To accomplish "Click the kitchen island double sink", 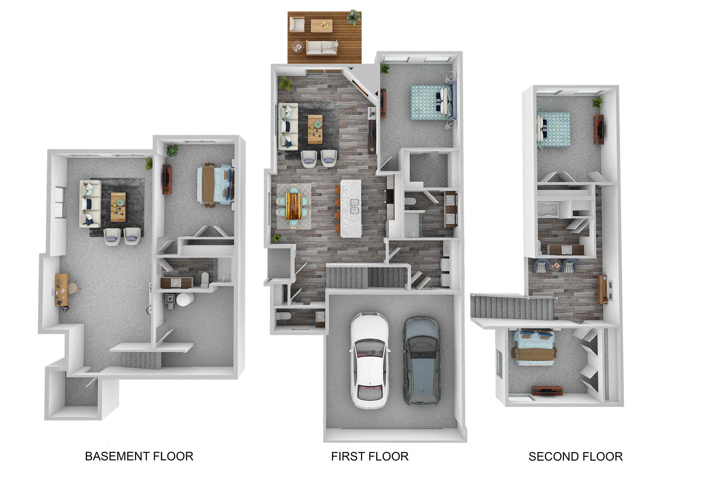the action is pyautogui.click(x=354, y=207).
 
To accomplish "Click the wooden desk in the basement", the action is pyautogui.click(x=61, y=289).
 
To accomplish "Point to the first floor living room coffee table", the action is pyautogui.click(x=315, y=129).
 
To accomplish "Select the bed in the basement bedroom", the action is pyautogui.click(x=216, y=185).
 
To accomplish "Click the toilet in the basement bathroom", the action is pyautogui.click(x=204, y=279).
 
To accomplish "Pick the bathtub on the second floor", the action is pyautogui.click(x=548, y=210).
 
